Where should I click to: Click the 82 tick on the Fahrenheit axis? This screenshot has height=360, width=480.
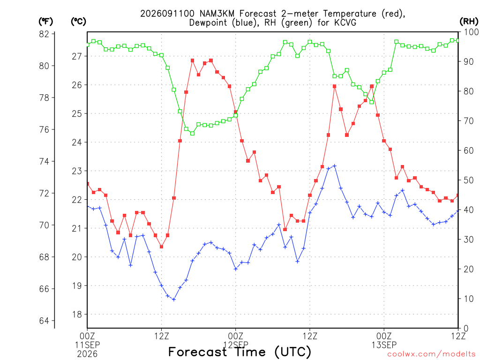(x=44, y=34)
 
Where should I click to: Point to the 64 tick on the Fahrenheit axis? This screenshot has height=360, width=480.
(x=44, y=321)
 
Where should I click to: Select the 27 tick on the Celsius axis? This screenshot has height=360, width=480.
(x=77, y=56)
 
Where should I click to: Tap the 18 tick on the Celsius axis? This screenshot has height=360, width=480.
(x=77, y=315)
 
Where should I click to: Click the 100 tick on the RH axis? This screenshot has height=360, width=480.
(x=471, y=32)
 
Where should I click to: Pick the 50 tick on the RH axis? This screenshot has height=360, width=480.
(x=468, y=180)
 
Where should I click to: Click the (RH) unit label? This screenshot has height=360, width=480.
(x=469, y=22)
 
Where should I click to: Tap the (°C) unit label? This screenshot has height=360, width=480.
(x=78, y=22)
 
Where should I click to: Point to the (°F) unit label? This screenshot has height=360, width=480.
(x=45, y=22)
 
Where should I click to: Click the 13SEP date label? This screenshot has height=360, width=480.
(x=384, y=345)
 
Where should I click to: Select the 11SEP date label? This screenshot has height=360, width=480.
(x=87, y=345)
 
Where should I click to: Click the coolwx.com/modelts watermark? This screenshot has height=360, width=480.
(x=431, y=354)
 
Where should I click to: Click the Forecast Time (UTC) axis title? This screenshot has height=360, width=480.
(x=240, y=352)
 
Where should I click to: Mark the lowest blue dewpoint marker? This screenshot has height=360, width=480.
(x=174, y=300)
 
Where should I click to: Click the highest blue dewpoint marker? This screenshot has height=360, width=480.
(x=335, y=166)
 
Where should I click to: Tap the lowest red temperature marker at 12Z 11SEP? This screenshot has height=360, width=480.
(x=162, y=247)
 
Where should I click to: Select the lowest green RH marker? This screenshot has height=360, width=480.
(x=192, y=134)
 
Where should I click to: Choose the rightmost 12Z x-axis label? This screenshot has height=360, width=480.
(x=458, y=336)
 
